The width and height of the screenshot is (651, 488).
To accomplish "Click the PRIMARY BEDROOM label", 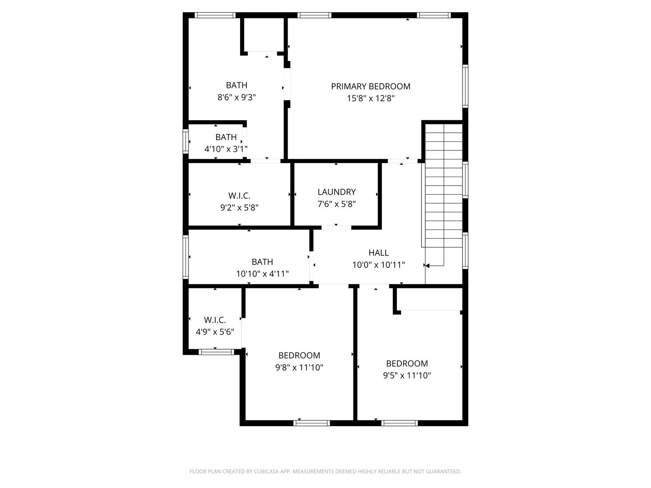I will tap(371, 86).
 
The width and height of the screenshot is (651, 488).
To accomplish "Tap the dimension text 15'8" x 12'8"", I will tap(371, 99).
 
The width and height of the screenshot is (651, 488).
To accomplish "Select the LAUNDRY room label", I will tap(336, 192).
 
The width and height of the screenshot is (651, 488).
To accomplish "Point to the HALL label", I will tap(378, 253).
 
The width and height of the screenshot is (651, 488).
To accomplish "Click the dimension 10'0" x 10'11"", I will tap(378, 265).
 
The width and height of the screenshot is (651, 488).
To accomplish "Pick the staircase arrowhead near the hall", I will tap(427, 266).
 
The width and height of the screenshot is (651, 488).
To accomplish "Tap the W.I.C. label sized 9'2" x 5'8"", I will tap(239, 196).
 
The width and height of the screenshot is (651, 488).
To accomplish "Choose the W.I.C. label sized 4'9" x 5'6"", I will tap(215, 320).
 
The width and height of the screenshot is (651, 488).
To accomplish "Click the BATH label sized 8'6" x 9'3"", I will tap(236, 85).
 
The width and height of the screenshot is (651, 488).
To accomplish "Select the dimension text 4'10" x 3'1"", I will tap(226, 149).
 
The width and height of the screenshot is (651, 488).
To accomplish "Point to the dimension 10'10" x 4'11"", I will tap(262, 274).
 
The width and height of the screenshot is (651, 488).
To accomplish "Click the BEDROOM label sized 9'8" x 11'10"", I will tap(299, 356).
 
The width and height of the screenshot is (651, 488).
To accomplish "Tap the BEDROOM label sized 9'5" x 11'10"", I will tap(407, 363).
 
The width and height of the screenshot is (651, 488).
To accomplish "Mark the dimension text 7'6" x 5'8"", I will tap(336, 204).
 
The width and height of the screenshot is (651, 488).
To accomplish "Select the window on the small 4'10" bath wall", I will tap(185, 141).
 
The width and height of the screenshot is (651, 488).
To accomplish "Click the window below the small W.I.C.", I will tap(216, 352).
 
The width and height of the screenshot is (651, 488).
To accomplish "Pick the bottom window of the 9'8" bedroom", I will tap(311, 423).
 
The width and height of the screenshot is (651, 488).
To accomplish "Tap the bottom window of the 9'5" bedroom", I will tap(399, 423).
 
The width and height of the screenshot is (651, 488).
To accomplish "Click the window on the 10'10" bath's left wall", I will tap(185, 257).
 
